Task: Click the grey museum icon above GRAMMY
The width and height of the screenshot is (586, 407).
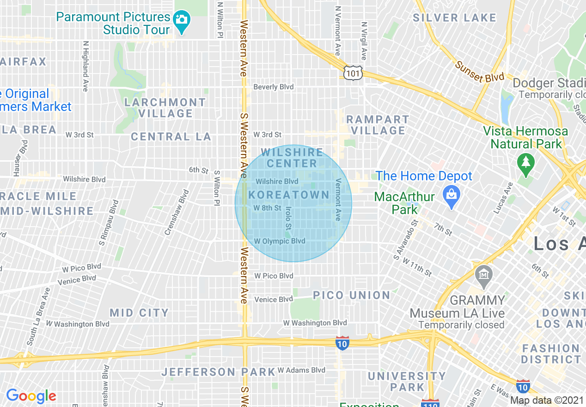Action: click(484, 275)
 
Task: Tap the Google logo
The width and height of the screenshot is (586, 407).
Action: click(31, 396)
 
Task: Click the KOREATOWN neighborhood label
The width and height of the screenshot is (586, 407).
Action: click(289, 195)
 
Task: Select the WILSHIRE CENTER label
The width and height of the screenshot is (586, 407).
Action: click(292, 158)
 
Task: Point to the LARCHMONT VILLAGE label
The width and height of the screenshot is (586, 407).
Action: click(165, 108)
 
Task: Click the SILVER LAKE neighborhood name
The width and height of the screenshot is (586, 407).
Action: click(454, 18)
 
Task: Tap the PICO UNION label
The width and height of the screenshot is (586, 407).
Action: click(352, 295)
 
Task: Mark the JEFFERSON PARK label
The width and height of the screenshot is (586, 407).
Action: click(219, 372)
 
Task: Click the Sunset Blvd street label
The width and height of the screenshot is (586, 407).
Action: click(479, 72)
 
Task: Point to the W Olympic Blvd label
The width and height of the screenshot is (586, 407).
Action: click(280, 241)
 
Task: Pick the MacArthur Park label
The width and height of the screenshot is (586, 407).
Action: click(404, 203)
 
